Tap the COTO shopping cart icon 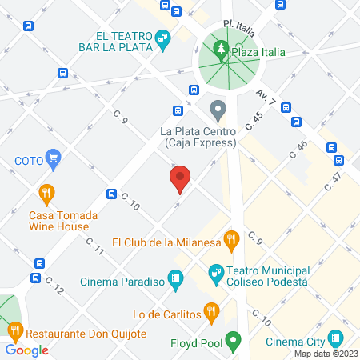tap(54, 158)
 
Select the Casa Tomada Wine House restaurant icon tap(46, 193)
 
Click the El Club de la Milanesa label tap(166, 242)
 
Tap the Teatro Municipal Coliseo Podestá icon tap(215, 273)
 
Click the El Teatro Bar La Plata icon tap(162, 37)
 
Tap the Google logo tap(27, 350)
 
